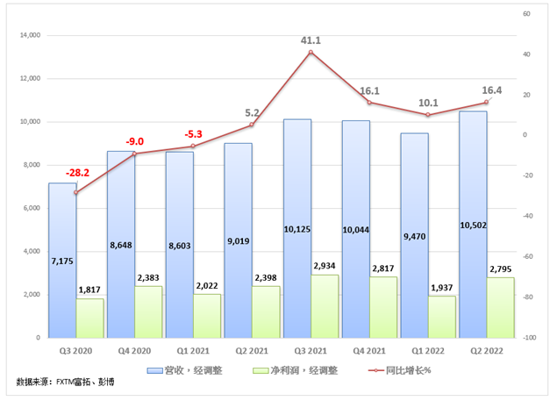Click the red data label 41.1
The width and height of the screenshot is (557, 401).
click(311, 40)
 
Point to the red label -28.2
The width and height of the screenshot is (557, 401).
click(77, 173)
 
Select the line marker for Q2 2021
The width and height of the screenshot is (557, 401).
click(252, 125)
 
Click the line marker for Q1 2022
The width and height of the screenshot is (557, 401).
click(427, 115)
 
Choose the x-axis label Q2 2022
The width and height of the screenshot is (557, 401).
click(486, 349)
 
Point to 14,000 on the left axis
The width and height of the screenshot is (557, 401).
click(30, 36)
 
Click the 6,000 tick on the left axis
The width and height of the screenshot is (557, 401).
click(33, 208)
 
